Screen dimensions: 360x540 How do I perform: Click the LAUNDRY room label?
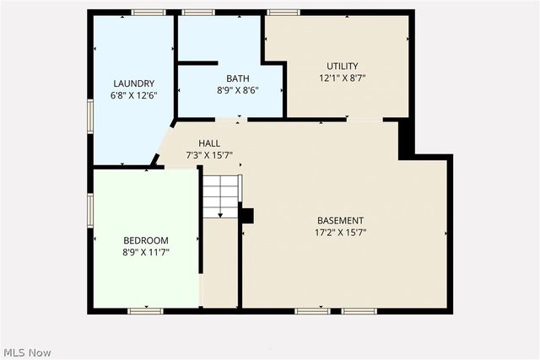coord(134,83)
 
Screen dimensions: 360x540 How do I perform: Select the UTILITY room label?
coord(343,66)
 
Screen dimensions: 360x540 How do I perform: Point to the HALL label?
coord(209,143)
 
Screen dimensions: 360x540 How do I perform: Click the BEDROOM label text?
coord(146,239)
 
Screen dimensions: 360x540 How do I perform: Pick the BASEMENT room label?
coord(341,221)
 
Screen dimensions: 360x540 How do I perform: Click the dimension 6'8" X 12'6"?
coord(134,95)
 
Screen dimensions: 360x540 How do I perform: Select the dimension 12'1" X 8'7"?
coord(343,78)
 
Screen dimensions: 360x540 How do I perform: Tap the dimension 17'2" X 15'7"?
coord(341,233)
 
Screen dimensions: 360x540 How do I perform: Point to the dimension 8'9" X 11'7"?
coord(146,251)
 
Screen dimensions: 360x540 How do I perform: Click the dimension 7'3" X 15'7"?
coord(209,155)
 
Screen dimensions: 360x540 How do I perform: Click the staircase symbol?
coord(221,196)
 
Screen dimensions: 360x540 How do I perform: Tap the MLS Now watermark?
coord(26,352)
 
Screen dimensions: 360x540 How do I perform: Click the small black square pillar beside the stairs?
coord(246,216)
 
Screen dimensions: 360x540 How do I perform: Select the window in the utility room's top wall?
coord(283,12)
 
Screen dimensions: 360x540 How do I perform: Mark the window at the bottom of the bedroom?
coord(145,311)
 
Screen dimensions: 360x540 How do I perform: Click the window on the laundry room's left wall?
coord(90,116)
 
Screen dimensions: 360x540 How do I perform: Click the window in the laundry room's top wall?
coord(148,12)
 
